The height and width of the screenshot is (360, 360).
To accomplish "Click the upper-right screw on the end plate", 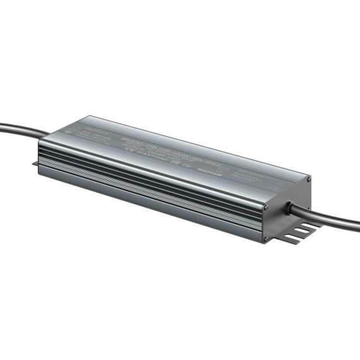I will coord(308,179).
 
